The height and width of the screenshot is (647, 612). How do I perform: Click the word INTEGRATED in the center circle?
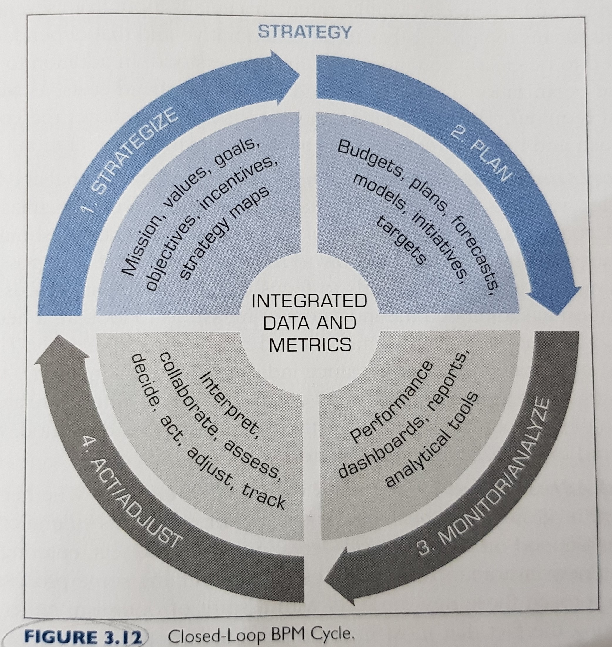pos(309,301)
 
